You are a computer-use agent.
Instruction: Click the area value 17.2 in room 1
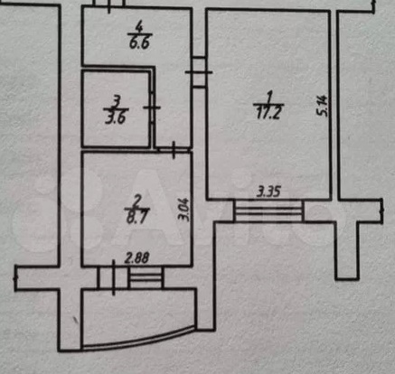(268, 113)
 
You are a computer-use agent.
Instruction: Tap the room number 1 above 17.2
(269, 97)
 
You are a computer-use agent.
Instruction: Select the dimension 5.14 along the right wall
(321, 105)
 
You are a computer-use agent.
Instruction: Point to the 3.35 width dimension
(268, 192)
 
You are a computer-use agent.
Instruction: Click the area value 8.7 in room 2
(137, 216)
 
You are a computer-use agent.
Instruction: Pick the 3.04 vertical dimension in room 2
(184, 210)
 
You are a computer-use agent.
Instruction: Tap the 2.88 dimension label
(137, 257)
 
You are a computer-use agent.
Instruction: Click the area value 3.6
(116, 117)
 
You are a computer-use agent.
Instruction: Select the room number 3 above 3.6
(117, 101)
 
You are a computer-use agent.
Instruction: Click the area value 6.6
(140, 43)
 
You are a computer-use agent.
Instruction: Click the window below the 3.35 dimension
(268, 210)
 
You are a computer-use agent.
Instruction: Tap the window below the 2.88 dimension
(146, 278)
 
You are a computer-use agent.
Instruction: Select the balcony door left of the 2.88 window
(113, 278)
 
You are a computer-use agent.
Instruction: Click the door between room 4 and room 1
(199, 72)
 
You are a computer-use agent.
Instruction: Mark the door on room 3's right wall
(153, 108)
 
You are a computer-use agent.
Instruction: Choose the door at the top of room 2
(174, 150)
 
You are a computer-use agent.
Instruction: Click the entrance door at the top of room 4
(109, 5)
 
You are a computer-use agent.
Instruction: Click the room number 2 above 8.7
(137, 201)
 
